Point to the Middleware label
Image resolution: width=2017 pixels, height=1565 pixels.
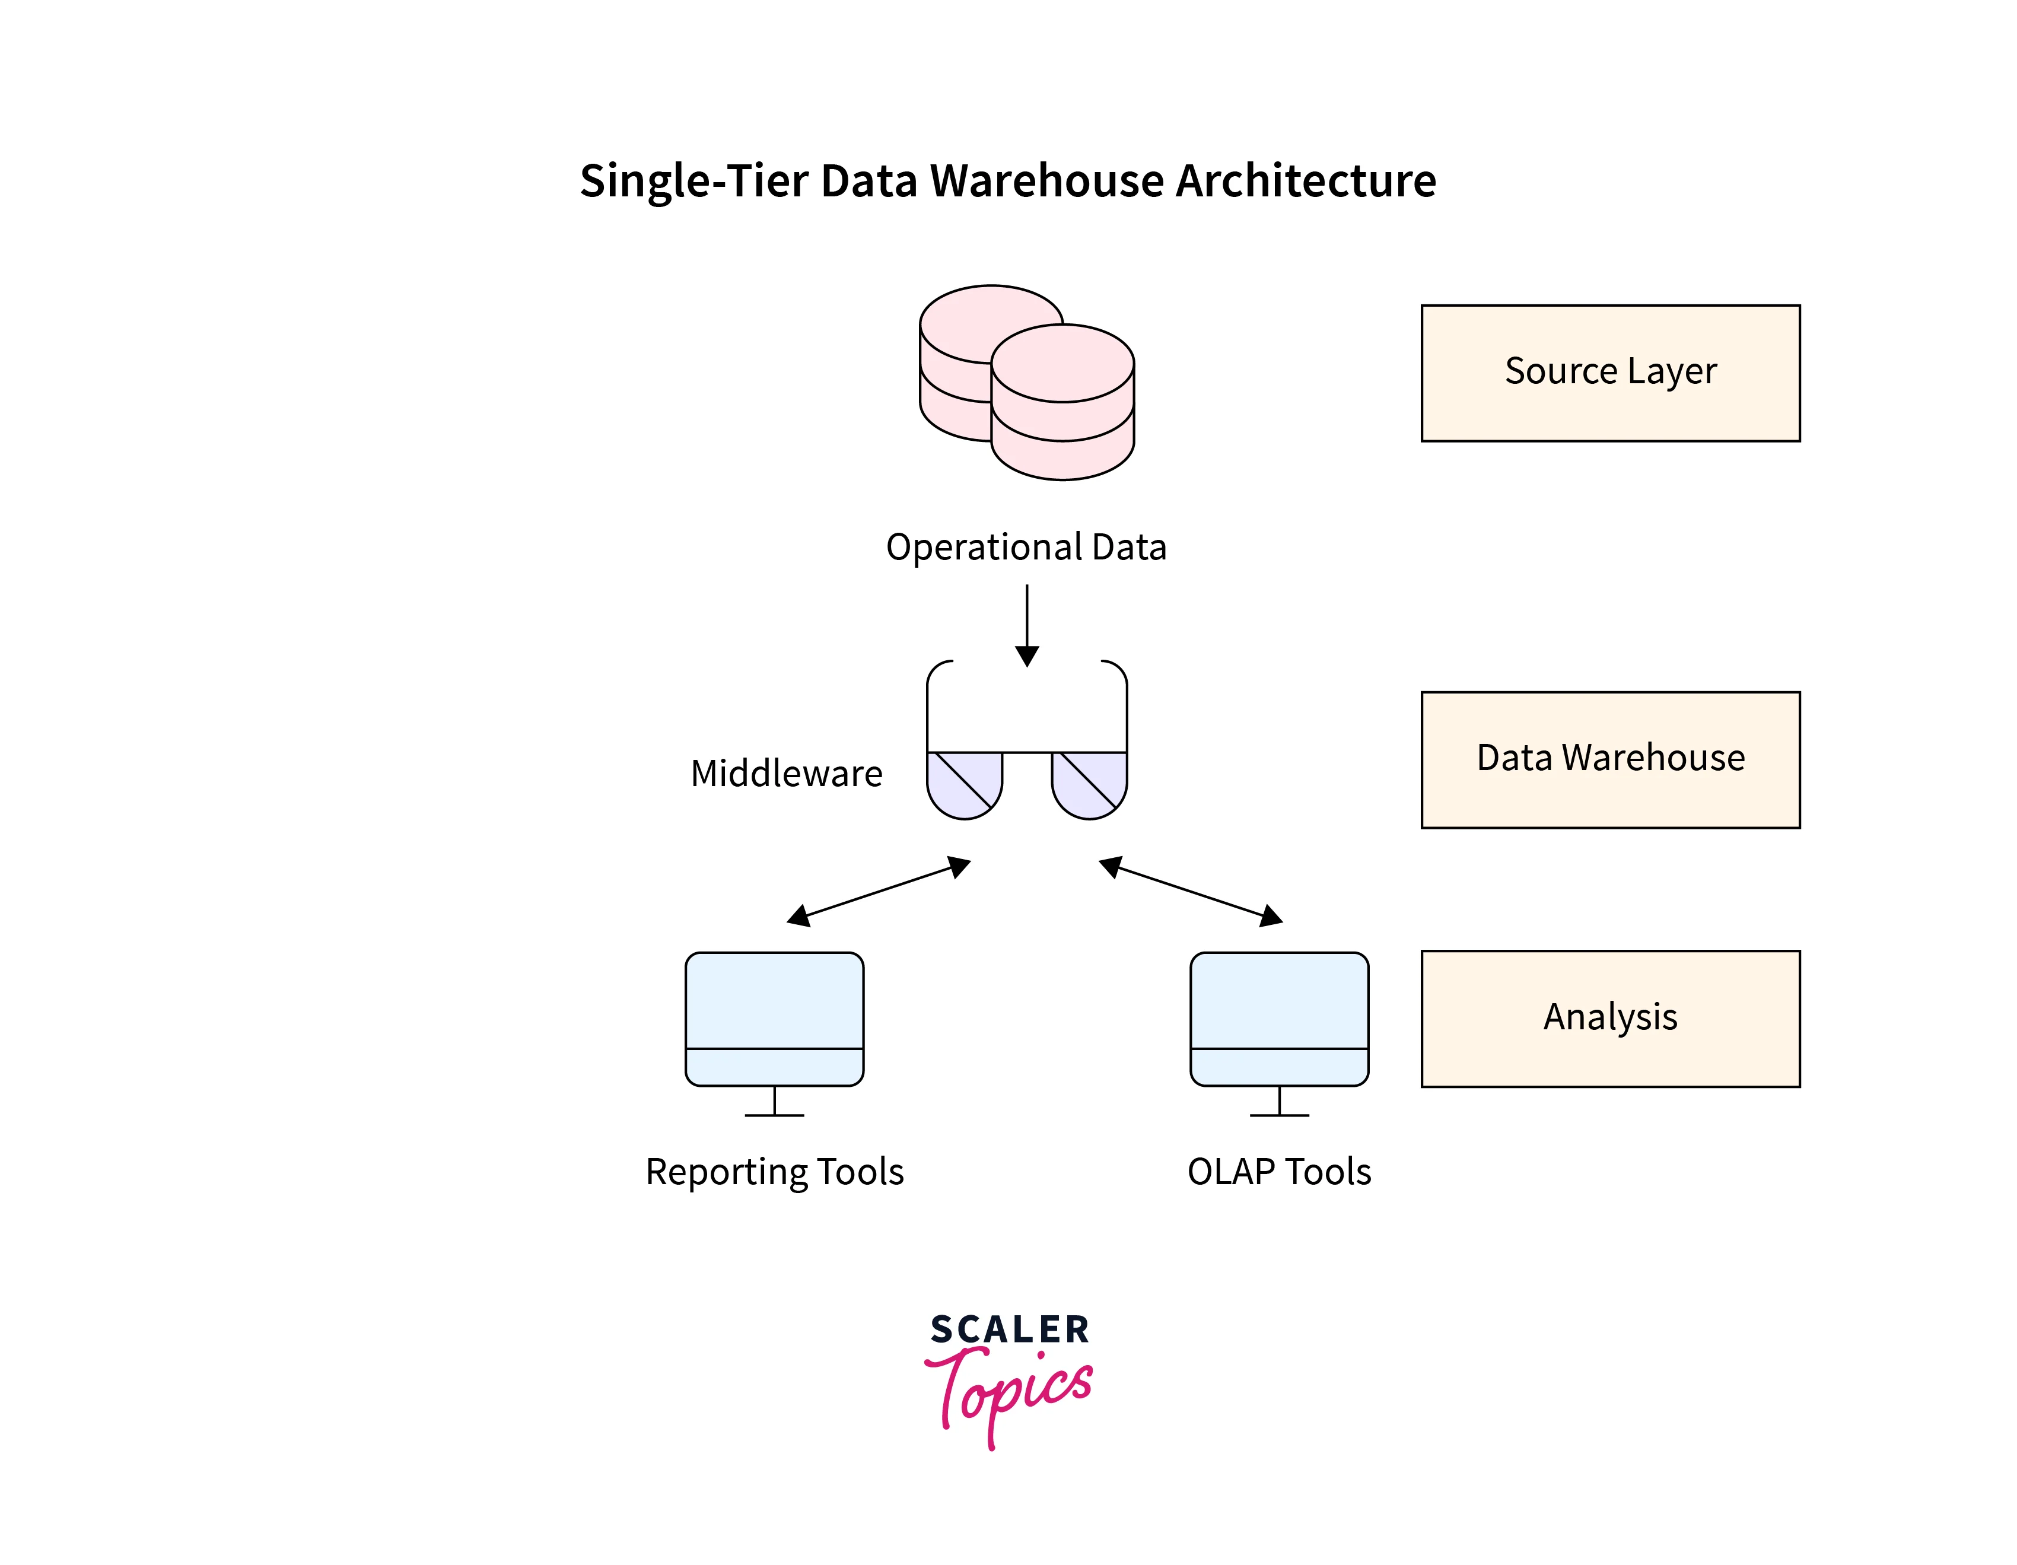click(786, 773)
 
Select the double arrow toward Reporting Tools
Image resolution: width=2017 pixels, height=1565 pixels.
click(878, 891)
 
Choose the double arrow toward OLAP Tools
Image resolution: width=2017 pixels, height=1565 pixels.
click(1191, 891)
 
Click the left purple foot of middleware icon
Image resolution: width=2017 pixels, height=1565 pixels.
click(963, 785)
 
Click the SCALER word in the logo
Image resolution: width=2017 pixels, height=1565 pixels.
click(1010, 1329)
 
